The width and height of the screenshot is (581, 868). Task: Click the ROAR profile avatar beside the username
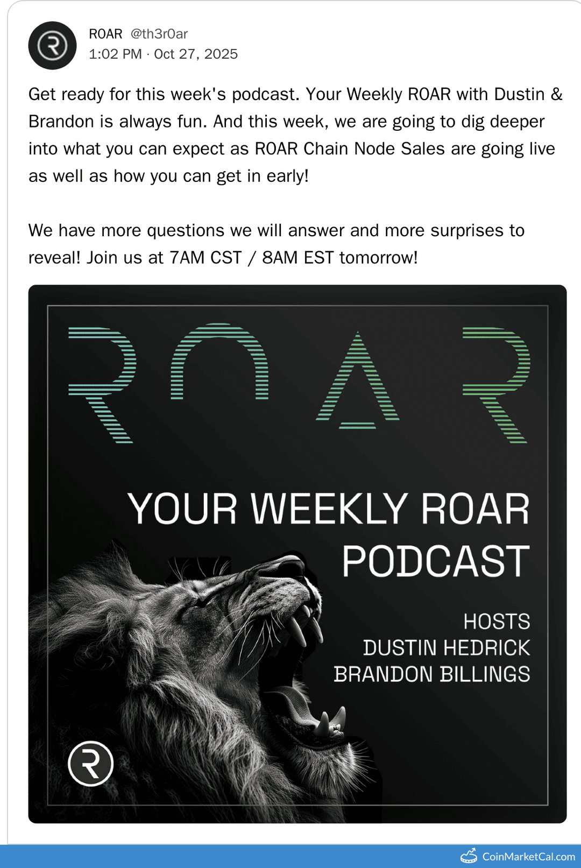(52, 46)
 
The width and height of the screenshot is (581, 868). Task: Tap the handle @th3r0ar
(159, 34)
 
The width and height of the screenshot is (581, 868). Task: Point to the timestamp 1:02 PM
(115, 54)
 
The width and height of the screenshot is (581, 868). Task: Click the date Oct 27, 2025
(196, 54)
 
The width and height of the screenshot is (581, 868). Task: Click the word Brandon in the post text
(61, 122)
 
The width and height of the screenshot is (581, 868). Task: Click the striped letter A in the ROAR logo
(358, 382)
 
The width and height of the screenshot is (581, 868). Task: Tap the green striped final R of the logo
(496, 383)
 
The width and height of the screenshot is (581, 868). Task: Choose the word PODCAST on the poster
(436, 562)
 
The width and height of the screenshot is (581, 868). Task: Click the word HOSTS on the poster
(497, 622)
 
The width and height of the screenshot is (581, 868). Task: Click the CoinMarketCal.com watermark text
(528, 856)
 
